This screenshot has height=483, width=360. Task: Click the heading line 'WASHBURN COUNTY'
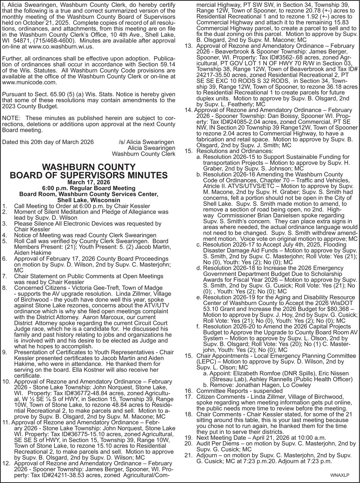coord(89,167)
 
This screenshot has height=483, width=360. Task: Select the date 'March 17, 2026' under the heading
coord(89,182)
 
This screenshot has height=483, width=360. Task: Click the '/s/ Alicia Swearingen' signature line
coord(146,142)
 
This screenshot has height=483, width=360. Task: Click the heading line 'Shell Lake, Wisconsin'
coord(89,200)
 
